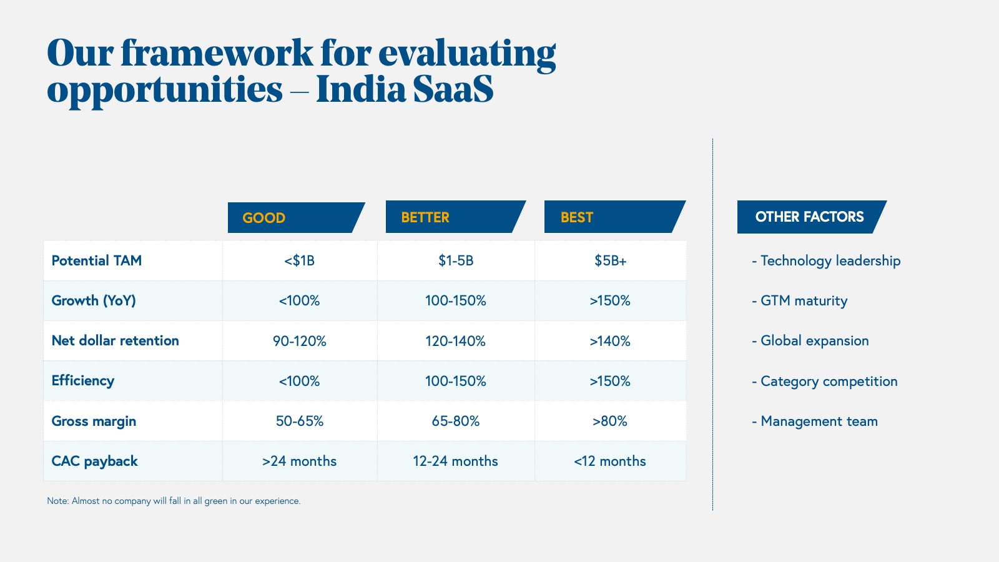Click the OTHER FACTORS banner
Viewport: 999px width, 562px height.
(x=809, y=217)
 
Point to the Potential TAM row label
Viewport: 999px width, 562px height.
(x=97, y=260)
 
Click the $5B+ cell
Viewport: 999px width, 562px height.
(x=610, y=260)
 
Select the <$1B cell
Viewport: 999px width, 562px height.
(x=299, y=260)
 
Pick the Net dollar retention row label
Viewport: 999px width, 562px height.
(x=116, y=340)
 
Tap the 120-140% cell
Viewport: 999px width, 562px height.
(x=455, y=341)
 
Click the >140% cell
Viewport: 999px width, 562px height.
(x=610, y=341)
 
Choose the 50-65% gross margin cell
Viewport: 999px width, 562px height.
(x=299, y=421)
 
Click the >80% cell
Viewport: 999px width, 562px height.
(x=610, y=421)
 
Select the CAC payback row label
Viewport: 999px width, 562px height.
(x=95, y=461)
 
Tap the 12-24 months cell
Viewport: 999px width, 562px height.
(x=455, y=461)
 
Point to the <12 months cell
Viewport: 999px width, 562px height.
(x=610, y=461)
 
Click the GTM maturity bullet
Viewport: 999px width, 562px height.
(x=800, y=301)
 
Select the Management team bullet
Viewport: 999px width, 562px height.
(x=815, y=421)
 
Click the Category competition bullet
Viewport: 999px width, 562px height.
(x=825, y=382)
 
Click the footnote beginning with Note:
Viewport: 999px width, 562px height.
(x=174, y=501)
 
